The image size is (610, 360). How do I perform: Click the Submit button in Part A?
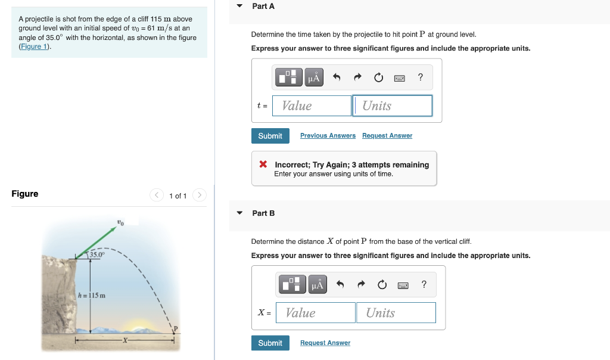pos(270,136)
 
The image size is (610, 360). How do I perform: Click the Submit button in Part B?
pos(270,343)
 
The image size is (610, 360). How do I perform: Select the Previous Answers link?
pos(328,136)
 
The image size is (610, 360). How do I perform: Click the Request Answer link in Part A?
pos(387,136)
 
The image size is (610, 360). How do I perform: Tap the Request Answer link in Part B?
pos(325,343)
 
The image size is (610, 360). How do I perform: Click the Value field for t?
pos(312,106)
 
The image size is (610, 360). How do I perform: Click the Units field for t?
pos(393,106)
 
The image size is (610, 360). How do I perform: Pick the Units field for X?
pos(396,313)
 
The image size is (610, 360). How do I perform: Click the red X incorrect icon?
pos(263,165)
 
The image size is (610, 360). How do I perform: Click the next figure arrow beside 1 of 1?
pos(200,195)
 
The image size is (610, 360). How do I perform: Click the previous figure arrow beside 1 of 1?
pos(157,195)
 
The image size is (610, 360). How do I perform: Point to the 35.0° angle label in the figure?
pos(97,255)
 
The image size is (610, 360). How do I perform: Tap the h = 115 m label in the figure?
pos(92,296)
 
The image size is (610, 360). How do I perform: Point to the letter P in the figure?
pos(176,330)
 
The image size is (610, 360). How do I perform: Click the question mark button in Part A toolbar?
pos(421,77)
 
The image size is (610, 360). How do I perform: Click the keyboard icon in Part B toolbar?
pos(403,285)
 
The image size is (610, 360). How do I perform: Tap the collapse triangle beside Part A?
pos(239,6)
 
